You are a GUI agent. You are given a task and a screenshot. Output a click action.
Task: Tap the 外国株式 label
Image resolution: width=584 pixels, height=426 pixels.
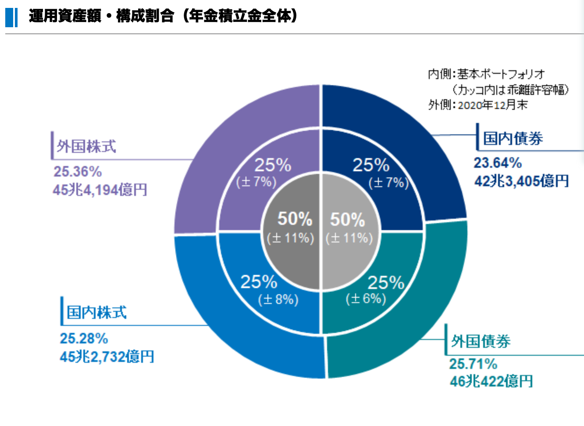86,146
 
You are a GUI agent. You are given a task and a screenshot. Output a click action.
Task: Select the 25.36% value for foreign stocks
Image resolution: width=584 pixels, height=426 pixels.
78,171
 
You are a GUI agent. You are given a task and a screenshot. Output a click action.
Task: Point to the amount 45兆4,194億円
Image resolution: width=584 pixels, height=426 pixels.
100,190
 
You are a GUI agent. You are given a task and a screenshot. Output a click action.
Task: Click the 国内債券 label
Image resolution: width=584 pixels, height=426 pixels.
513,138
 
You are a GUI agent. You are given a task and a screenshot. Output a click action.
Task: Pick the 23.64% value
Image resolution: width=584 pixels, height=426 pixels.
498,163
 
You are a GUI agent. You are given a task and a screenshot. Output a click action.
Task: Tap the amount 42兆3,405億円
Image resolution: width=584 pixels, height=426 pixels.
522,181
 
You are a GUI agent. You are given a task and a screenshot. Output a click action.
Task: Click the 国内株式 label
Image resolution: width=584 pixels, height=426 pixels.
96,313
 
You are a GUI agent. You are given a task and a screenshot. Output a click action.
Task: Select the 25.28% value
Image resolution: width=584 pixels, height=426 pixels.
84,338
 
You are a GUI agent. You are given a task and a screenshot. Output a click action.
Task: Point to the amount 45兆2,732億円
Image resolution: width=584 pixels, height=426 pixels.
107,357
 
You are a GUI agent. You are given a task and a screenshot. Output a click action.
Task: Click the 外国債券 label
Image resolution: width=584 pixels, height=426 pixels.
481,341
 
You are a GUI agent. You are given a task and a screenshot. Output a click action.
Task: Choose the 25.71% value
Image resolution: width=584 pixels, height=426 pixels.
473,364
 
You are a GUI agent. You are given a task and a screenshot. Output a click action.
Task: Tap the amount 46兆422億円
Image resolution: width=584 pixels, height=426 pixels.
491,381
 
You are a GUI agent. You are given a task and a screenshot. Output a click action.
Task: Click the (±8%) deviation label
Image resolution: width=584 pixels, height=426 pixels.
278,300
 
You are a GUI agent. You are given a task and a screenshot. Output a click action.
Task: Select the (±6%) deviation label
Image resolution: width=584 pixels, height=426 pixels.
366,299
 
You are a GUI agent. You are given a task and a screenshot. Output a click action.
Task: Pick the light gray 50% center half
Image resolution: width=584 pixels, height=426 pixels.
351,259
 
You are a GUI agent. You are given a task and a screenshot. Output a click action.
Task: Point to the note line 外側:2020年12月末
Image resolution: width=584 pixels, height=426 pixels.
478,105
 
